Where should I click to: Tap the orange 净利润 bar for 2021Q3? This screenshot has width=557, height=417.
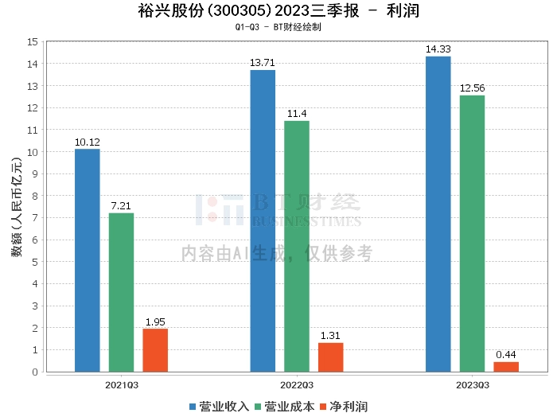pos(155,350)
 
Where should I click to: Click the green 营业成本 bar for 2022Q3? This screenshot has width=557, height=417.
pos(297,246)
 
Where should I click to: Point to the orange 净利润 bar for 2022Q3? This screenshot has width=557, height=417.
pos(331,357)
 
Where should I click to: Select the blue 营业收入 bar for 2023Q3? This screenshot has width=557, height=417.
pos(438,214)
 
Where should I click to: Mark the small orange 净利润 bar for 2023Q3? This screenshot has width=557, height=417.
pos(506,367)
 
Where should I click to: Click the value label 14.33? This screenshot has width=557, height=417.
pos(438,49)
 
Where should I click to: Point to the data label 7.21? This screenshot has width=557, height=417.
pos(121,206)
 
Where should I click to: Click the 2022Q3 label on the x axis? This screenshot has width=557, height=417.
pos(296,384)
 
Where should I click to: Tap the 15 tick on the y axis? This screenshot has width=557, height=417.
pos(33,41)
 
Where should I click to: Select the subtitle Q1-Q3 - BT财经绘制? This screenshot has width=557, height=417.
pos(278,27)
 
